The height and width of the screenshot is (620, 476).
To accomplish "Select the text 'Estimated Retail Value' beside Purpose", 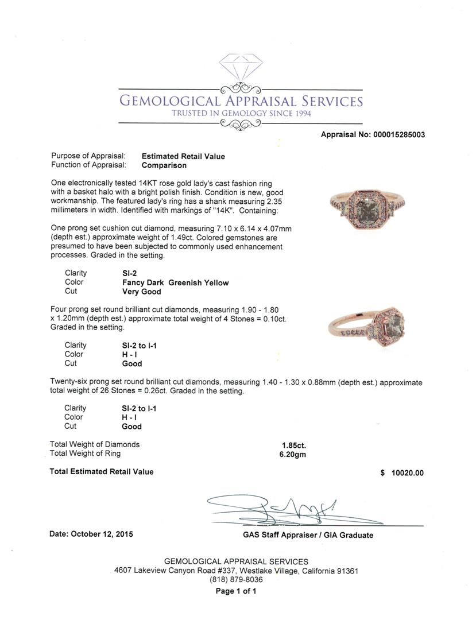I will [183, 156].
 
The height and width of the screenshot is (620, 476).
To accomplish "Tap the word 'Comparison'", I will [164, 165].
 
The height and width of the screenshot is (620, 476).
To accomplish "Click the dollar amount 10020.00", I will [407, 473].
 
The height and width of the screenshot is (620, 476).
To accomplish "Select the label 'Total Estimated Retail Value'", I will [102, 472].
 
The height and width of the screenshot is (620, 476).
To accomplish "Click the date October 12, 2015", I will [91, 534].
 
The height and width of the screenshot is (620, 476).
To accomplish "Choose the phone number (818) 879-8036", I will [236, 580].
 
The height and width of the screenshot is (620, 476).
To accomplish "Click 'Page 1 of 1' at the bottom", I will [236, 591].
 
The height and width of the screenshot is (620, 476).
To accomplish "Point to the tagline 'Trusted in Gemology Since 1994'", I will [241, 114].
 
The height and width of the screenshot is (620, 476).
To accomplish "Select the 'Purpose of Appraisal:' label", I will [88, 156].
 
